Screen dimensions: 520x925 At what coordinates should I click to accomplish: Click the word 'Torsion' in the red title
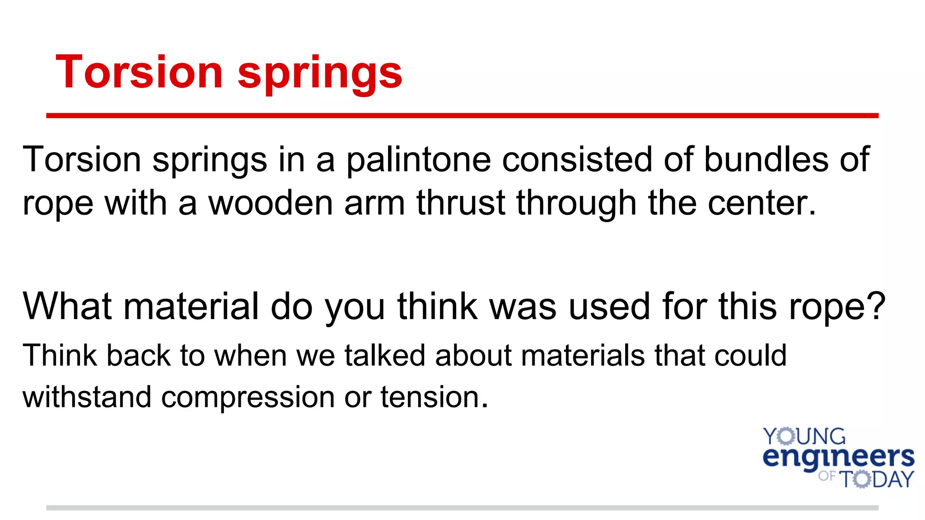(139, 72)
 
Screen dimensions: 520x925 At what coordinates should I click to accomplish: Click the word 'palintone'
(419, 160)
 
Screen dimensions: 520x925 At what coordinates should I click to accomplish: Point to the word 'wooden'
(271, 203)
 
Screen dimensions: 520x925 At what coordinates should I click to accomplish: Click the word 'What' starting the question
(67, 306)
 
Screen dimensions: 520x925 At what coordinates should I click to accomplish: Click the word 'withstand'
(87, 397)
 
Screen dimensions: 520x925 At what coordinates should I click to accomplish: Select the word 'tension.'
(434, 397)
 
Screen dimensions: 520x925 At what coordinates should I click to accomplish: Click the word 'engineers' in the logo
(838, 458)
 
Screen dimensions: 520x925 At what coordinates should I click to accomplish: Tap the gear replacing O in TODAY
(862, 479)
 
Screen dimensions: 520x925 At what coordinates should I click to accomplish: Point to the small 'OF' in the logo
(827, 476)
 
